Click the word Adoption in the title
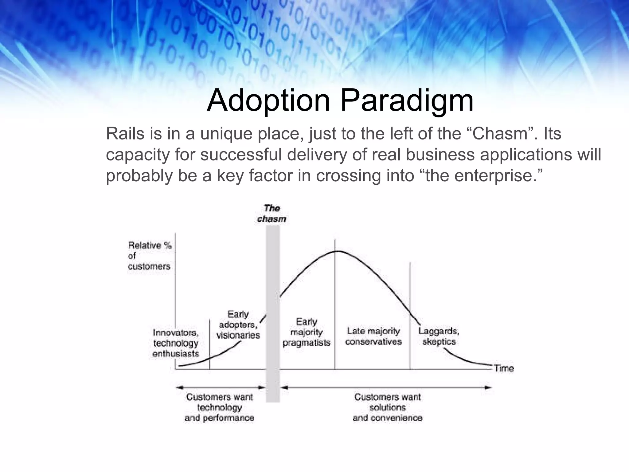click(268, 100)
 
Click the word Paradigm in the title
click(407, 100)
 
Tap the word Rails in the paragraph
click(125, 134)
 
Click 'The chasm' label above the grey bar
click(272, 214)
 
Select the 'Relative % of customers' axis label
click(149, 256)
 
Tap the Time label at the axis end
click(504, 368)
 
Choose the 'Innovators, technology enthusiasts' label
click(176, 343)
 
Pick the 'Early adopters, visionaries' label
click(238, 324)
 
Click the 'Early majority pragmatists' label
click(306, 332)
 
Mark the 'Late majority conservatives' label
click(373, 336)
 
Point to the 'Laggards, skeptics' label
click(439, 336)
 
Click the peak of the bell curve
click(337, 251)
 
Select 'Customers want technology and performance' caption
click(219, 407)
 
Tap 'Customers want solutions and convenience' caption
click(387, 407)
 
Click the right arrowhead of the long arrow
click(488, 387)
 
